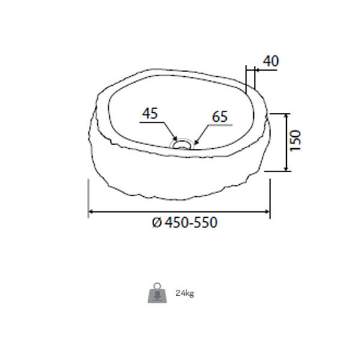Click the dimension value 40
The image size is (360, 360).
[271, 61]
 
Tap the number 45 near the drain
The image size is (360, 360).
[150, 113]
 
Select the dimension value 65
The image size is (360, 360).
[220, 116]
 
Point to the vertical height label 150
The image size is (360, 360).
[295, 140]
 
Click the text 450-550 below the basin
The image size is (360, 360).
[191, 222]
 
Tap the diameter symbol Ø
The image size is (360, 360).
[157, 223]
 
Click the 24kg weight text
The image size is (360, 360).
[185, 293]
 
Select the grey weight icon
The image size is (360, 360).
[157, 293]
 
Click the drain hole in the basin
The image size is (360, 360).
[181, 145]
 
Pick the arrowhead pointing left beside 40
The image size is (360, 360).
[257, 70]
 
